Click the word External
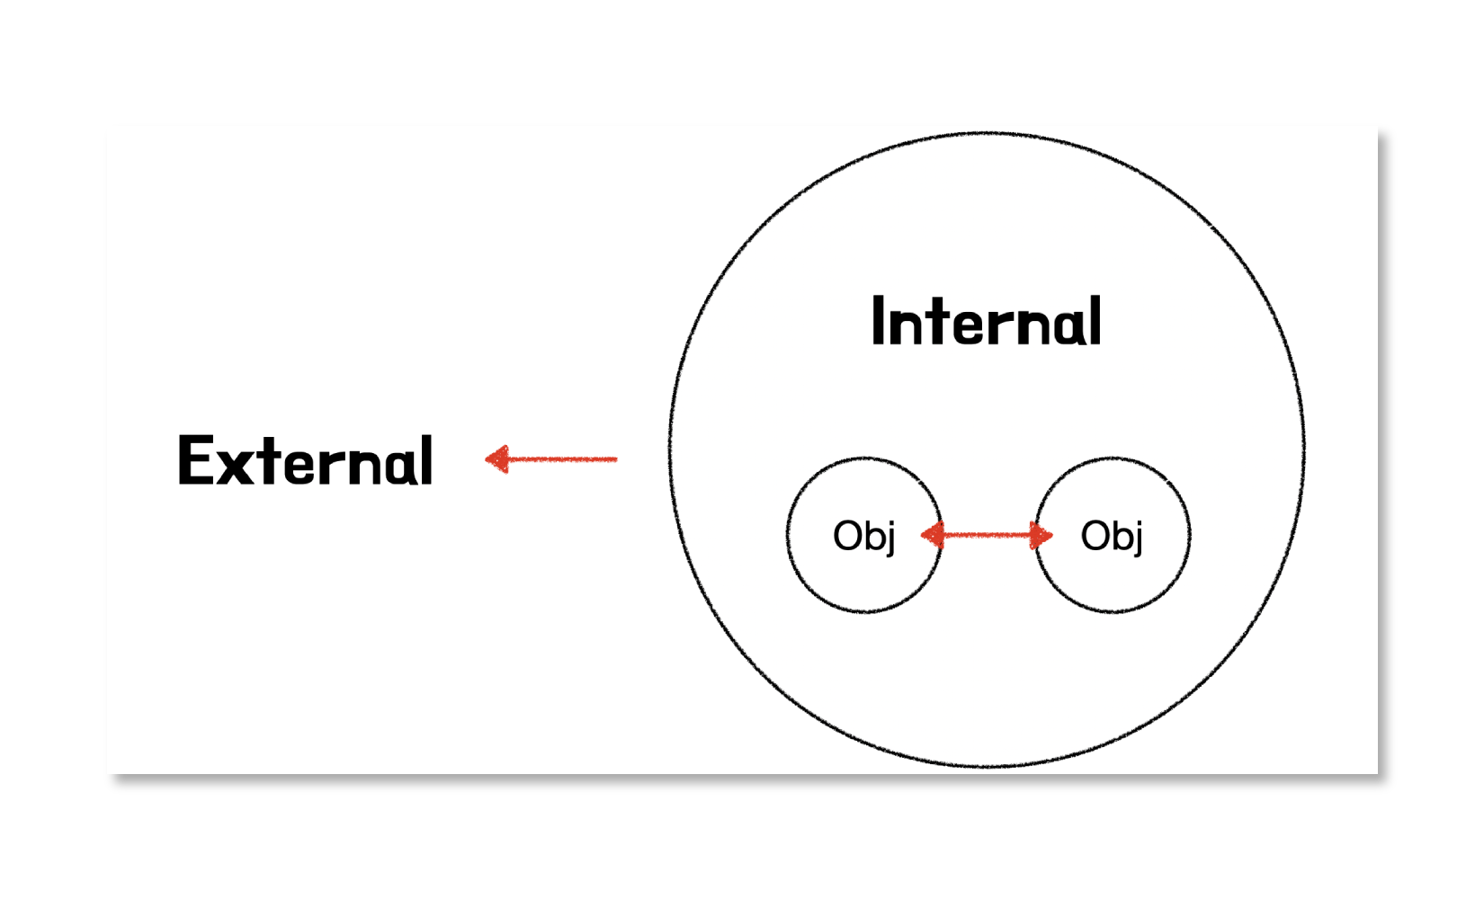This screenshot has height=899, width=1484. coord(306,460)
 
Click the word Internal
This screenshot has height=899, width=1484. coord(986,322)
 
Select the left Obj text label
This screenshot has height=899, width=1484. coord(863,536)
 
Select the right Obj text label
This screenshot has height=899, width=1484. coord(1112,536)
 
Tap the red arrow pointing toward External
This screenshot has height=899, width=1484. coord(551,459)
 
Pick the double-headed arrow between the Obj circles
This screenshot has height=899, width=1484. coord(987,536)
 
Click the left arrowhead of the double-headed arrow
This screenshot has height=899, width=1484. coord(931,536)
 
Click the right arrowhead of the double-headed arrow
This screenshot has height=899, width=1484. coord(1042,536)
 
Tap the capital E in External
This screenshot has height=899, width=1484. coord(193,460)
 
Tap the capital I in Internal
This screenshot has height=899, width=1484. coord(878,321)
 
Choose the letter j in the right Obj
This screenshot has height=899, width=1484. coord(1138,538)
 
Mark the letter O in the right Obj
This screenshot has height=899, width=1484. coord(1095,536)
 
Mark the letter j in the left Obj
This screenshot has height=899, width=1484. coord(890,538)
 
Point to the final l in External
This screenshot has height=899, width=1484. coord(426,460)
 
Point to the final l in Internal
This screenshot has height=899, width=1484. coord(1095,321)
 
